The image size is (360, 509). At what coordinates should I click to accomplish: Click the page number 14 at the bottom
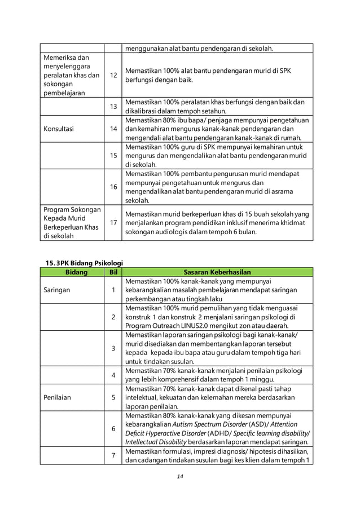click(x=180, y=476)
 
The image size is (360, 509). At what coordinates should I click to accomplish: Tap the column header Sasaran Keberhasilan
click(x=217, y=272)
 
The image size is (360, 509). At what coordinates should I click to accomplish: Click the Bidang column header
click(x=72, y=272)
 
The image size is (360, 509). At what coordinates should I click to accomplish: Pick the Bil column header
click(x=113, y=272)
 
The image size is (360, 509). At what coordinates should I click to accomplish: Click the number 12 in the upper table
click(x=113, y=75)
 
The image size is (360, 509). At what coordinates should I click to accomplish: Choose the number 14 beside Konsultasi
click(x=113, y=128)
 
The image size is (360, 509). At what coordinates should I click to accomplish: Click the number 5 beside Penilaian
click(x=113, y=397)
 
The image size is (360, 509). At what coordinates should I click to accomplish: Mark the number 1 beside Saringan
click(x=113, y=290)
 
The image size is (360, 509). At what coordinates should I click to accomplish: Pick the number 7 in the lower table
click(x=113, y=455)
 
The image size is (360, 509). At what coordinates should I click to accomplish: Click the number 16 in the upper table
click(x=113, y=187)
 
